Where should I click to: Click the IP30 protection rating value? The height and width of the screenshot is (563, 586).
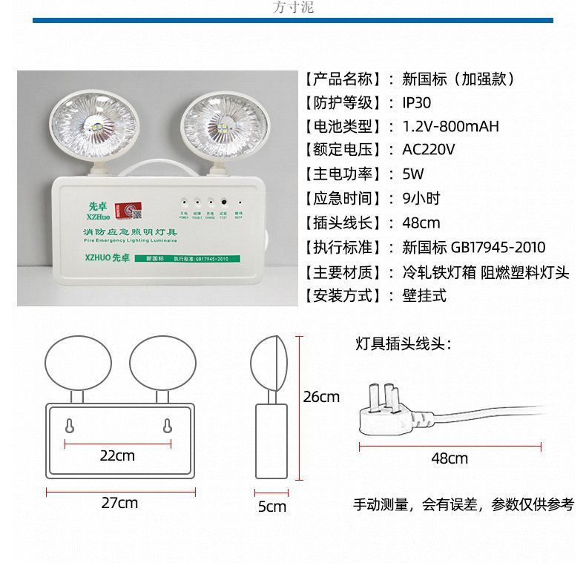[416, 102]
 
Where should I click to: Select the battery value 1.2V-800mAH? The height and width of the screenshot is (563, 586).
[450, 126]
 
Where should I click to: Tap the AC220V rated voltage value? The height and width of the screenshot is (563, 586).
[428, 150]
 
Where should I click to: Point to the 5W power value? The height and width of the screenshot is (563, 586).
[412, 174]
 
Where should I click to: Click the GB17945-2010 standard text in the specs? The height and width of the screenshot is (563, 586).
[498, 247]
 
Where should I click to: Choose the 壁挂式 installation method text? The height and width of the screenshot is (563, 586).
[424, 295]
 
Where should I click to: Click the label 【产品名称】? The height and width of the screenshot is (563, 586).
[343, 79]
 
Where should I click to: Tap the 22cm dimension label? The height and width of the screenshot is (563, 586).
[117, 455]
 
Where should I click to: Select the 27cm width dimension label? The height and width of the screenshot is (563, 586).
[119, 503]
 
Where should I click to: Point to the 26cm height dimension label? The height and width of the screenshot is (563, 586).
[321, 397]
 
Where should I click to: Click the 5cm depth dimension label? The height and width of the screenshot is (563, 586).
[271, 507]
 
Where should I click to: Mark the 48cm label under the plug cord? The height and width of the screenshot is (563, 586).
[450, 458]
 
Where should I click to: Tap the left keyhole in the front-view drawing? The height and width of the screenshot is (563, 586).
[70, 427]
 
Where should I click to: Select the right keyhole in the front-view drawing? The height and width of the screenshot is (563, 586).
[167, 427]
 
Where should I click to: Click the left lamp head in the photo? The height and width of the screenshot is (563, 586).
[82, 122]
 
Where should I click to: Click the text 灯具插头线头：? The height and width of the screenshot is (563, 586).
[403, 343]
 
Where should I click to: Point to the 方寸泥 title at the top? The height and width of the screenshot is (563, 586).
[294, 7]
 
